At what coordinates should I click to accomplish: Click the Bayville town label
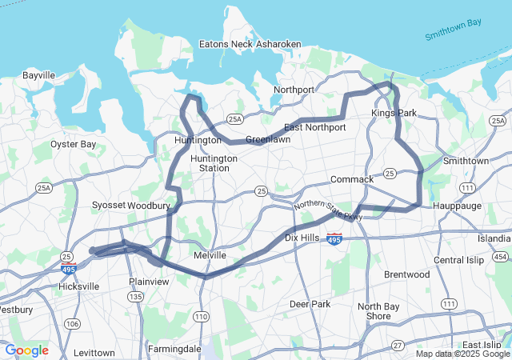38,75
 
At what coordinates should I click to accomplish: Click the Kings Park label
394,114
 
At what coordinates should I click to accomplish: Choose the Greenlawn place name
267,139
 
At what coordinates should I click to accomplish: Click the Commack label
351,179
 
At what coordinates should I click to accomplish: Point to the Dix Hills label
302,238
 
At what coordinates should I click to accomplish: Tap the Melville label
210,255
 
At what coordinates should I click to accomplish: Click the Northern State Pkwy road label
328,211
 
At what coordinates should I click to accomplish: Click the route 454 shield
500,256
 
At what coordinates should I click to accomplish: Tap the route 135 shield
136,297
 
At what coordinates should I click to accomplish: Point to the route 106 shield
72,323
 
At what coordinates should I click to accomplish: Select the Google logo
26,350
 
